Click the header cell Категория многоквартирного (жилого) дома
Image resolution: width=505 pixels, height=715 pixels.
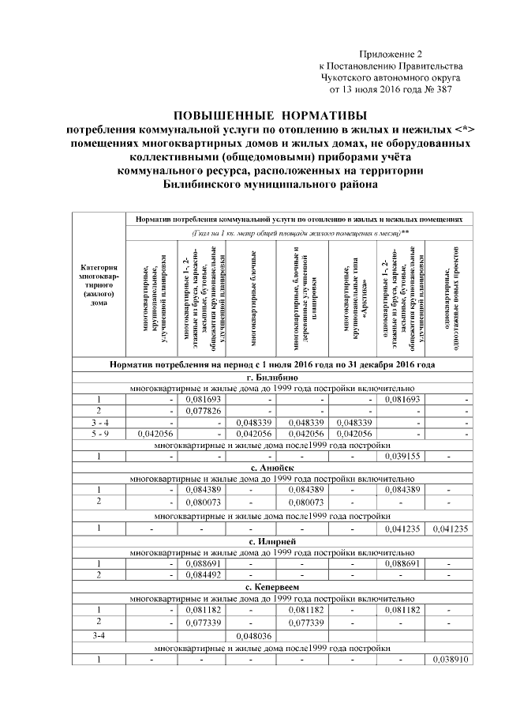(99, 284)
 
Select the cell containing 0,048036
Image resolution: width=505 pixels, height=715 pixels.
(252, 634)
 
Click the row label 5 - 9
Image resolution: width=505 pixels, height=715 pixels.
(99, 433)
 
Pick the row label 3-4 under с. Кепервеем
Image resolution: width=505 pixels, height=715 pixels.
(99, 634)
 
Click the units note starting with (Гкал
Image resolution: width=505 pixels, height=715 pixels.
(300, 233)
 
